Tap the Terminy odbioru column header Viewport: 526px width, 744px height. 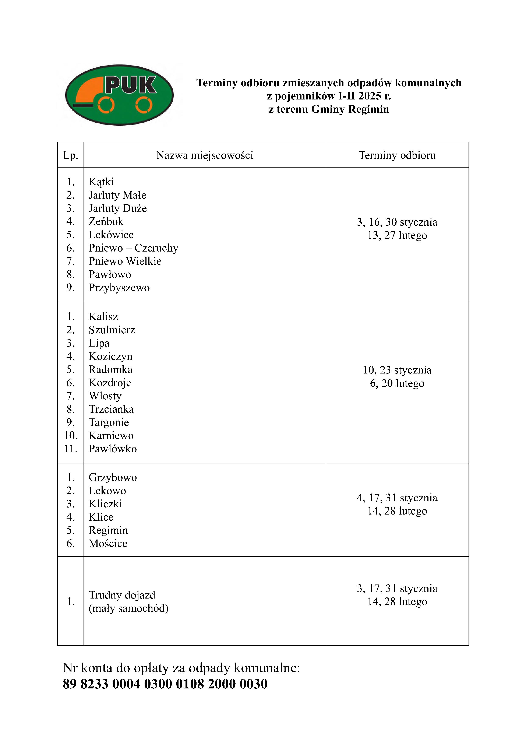[397, 155]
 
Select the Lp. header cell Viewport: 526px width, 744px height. [71, 155]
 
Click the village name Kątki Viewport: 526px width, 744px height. [101, 182]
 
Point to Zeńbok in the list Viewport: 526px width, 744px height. [106, 222]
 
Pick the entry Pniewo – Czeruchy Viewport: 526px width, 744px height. [133, 248]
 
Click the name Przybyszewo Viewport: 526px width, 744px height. [119, 288]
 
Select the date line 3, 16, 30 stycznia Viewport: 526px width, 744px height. [397, 222]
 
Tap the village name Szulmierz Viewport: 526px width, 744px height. [112, 330]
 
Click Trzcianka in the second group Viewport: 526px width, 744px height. [111, 409]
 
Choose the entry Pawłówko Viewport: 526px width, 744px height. [113, 449]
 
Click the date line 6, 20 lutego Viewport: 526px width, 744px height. [397, 383]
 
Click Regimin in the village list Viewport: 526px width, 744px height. [108, 530]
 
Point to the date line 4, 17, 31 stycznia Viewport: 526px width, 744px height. [397, 498]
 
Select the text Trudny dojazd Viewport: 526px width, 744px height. [122, 595]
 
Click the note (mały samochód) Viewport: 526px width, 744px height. [129, 608]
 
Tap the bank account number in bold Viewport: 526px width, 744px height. [165, 684]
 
